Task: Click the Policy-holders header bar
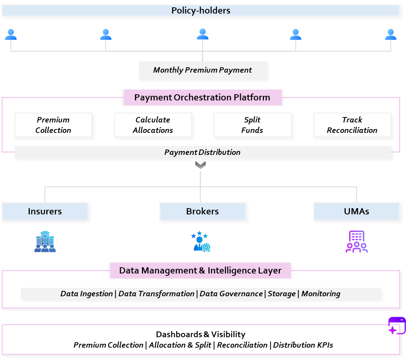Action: click(201, 10)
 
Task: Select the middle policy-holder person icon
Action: click(202, 34)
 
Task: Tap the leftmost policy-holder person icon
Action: click(11, 34)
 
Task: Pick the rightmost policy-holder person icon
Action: click(391, 34)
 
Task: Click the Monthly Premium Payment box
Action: click(203, 70)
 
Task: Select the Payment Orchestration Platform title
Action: click(202, 97)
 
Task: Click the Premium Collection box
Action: click(53, 125)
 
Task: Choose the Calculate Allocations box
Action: click(153, 125)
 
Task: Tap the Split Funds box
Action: click(252, 125)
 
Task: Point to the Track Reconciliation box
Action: click(352, 125)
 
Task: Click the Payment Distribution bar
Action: click(203, 152)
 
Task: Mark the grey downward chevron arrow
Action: click(200, 165)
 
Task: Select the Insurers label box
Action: click(45, 211)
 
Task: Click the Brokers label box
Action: click(203, 211)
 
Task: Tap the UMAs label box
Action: click(356, 211)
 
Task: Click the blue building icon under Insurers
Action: click(45, 242)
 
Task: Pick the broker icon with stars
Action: click(201, 242)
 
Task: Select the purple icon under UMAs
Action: click(356, 242)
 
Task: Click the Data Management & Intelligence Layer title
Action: click(200, 270)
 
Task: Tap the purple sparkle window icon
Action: click(396, 326)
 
